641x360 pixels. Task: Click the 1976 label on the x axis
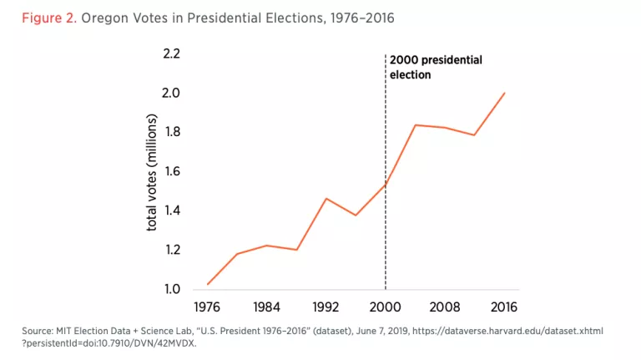[207, 307]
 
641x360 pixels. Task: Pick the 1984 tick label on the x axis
[266, 307]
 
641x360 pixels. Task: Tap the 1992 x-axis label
[326, 307]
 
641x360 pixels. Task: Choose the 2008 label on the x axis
[445, 307]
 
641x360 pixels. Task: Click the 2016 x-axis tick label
[504, 307]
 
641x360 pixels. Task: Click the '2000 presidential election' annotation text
[435, 67]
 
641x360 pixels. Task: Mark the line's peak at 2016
[504, 93]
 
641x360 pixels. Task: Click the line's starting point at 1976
[207, 284]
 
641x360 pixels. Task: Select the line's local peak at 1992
[326, 199]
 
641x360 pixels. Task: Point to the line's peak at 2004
[416, 125]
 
